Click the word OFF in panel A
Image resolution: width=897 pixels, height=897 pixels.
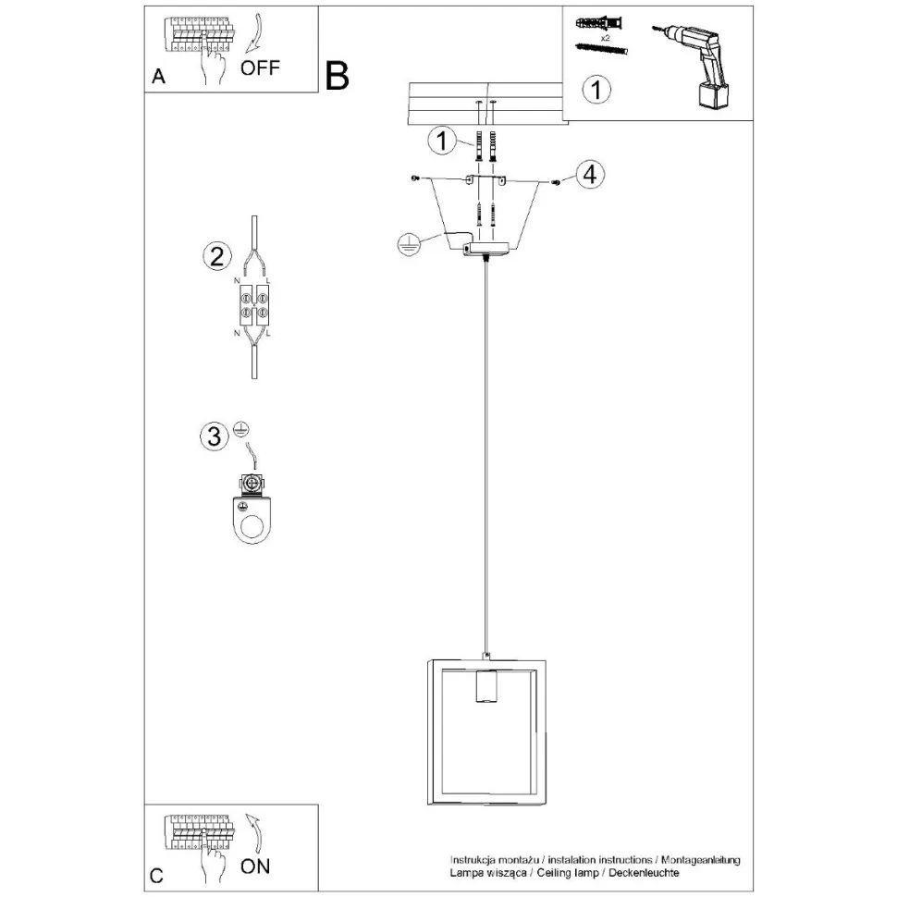(x=259, y=68)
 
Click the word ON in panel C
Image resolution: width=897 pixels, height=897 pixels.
(x=255, y=866)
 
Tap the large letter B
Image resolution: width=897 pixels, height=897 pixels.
(x=337, y=77)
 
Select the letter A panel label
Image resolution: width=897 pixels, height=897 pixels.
(x=158, y=78)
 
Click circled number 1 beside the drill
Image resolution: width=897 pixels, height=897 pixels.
(x=598, y=90)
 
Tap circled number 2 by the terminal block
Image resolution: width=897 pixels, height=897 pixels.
(x=215, y=256)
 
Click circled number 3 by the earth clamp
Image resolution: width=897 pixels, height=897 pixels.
(x=214, y=436)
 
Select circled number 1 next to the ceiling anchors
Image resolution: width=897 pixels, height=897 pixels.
(x=443, y=141)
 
